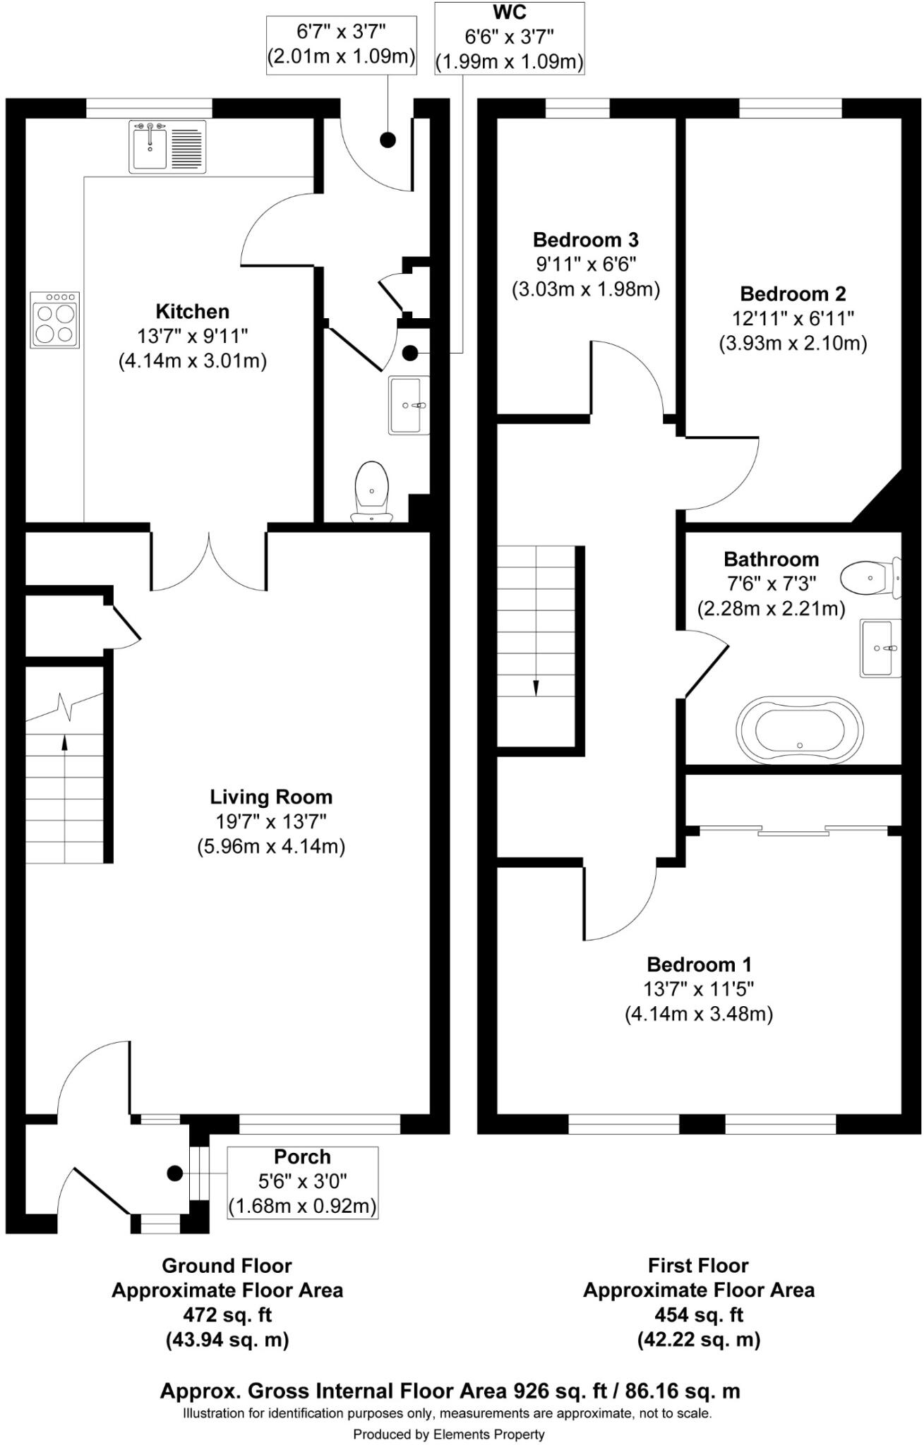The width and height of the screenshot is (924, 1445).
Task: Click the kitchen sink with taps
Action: click(x=167, y=146)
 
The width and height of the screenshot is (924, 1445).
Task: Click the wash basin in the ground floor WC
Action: click(x=409, y=405)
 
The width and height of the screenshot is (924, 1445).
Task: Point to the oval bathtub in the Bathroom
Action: click(x=799, y=731)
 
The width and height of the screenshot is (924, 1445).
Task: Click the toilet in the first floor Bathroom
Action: click(x=870, y=578)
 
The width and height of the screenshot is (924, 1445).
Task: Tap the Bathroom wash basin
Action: click(x=880, y=648)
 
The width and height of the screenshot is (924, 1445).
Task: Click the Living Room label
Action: click(x=271, y=797)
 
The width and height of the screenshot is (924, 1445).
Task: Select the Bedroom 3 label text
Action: click(x=585, y=240)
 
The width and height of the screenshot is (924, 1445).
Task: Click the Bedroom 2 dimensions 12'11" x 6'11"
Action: click(x=793, y=319)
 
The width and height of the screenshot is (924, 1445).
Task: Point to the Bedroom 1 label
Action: click(x=699, y=965)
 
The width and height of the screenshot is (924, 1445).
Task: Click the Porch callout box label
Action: click(x=302, y=1157)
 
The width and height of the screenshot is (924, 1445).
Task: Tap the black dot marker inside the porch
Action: click(x=174, y=1173)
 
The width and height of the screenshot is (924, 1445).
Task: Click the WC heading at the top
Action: click(x=510, y=13)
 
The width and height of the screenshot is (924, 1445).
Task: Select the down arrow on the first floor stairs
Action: click(x=536, y=687)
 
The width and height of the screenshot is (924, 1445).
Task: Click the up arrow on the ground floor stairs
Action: click(x=65, y=743)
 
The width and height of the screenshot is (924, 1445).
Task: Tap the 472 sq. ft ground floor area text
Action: click(x=227, y=1315)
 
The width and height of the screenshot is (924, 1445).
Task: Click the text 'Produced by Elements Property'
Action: click(x=449, y=1434)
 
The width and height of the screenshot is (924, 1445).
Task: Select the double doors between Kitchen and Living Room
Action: click(x=210, y=562)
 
